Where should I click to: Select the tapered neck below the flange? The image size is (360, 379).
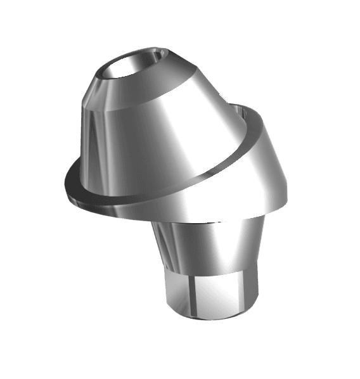pyautogui.click(x=209, y=247)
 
